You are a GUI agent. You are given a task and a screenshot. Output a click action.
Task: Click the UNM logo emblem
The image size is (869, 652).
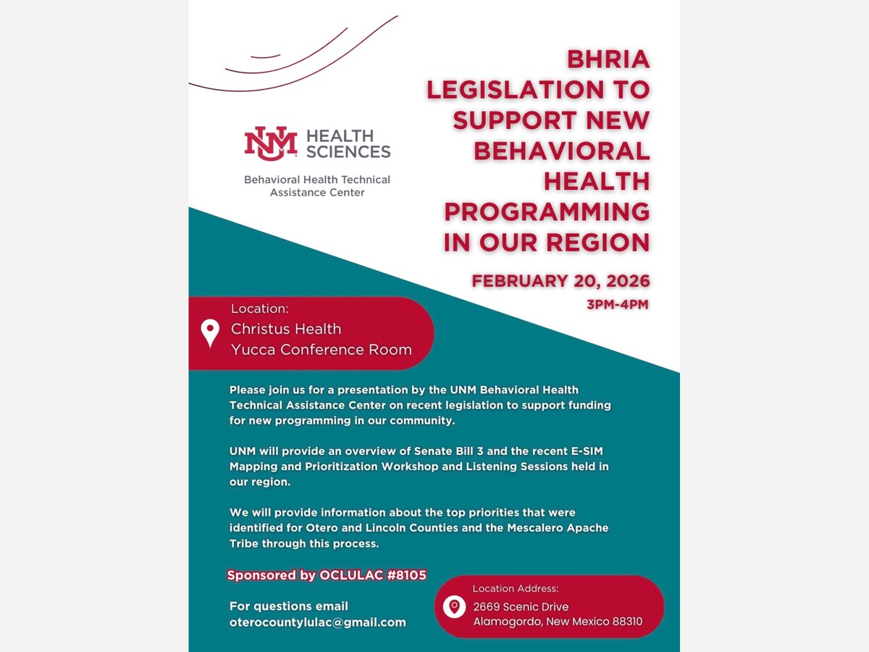(270, 143)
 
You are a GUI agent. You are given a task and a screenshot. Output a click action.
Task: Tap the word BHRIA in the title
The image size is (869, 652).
(608, 59)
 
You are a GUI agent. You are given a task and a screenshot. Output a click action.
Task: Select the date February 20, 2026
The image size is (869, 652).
(561, 280)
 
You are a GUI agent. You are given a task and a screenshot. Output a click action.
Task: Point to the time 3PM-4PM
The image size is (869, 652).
(617, 304)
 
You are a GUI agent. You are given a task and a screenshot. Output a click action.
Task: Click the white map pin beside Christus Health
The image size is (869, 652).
(210, 333)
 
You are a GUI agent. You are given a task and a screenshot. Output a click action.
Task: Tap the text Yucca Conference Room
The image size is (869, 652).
(321, 350)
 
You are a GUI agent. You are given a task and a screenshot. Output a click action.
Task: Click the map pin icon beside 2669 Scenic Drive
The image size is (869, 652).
(454, 606)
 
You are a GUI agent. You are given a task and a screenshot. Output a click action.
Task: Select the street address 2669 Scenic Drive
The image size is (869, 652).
(521, 606)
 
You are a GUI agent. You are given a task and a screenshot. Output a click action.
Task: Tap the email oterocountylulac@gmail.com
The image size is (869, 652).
(317, 622)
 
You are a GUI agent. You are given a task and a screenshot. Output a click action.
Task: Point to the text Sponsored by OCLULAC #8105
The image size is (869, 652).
(327, 575)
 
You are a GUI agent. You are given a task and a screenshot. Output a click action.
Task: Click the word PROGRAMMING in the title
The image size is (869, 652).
(547, 212)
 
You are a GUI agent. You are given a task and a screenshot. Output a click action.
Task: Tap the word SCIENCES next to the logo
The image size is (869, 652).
(348, 151)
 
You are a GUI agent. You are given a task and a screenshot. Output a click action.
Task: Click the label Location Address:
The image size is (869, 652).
(516, 588)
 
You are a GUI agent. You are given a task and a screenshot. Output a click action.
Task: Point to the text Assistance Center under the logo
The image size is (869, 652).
(317, 193)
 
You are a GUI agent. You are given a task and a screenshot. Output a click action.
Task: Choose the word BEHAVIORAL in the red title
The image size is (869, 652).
(561, 151)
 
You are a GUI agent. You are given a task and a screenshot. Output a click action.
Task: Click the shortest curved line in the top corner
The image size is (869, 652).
(265, 56)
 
